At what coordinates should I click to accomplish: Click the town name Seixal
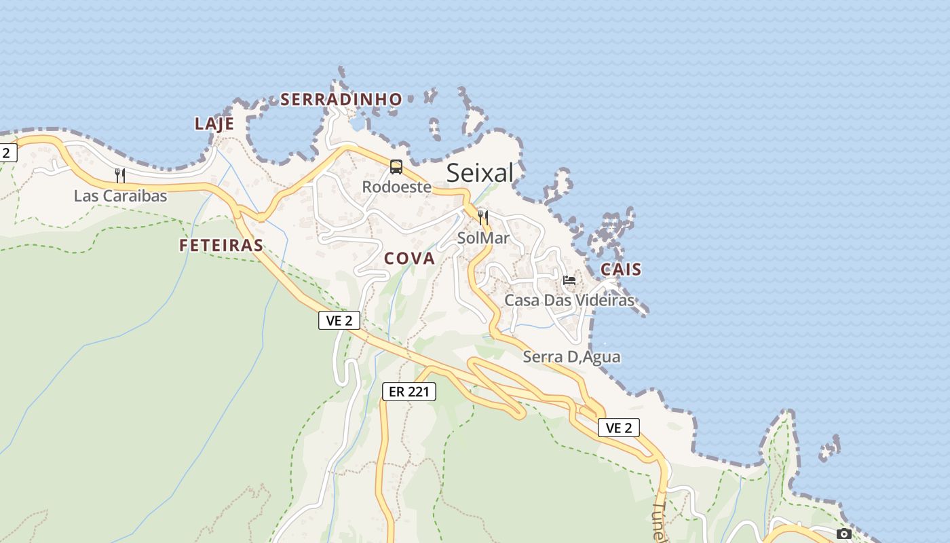(480, 173)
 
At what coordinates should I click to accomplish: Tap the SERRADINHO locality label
(341, 100)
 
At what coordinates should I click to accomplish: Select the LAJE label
(214, 124)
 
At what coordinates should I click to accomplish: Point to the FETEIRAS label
(221, 246)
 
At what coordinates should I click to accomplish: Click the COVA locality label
(409, 259)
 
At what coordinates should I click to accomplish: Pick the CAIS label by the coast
(621, 269)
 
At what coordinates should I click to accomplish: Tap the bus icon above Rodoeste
(396, 166)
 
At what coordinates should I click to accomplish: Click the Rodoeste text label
(397, 187)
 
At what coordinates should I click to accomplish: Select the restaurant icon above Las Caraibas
(120, 176)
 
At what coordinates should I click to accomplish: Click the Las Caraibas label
(120, 196)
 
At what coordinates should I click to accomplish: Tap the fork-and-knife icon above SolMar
(483, 218)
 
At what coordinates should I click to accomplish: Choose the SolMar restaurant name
(483, 238)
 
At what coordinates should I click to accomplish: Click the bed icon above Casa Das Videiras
(569, 280)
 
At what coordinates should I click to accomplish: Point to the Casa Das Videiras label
(569, 300)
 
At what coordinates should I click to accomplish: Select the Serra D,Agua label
(571, 356)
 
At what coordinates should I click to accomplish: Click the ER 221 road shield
(408, 391)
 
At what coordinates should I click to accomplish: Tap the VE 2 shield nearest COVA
(339, 320)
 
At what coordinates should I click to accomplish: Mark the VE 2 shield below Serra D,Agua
(619, 428)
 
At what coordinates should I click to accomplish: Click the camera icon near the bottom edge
(844, 534)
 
